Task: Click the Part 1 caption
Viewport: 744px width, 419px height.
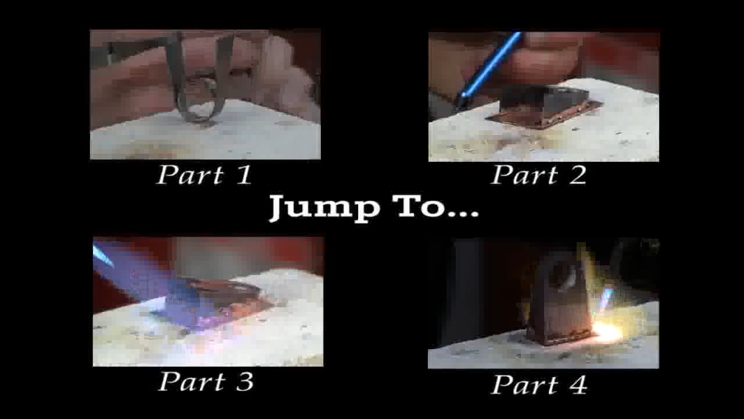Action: point(205,175)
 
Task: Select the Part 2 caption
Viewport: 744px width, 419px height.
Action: point(539,175)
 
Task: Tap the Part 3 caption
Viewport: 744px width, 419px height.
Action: point(206,382)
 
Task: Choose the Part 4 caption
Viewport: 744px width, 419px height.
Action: point(539,385)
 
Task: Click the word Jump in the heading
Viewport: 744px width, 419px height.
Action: point(323,208)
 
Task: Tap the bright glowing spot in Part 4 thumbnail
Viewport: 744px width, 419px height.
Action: point(607,333)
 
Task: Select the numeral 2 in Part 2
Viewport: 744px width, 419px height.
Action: point(577,175)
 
